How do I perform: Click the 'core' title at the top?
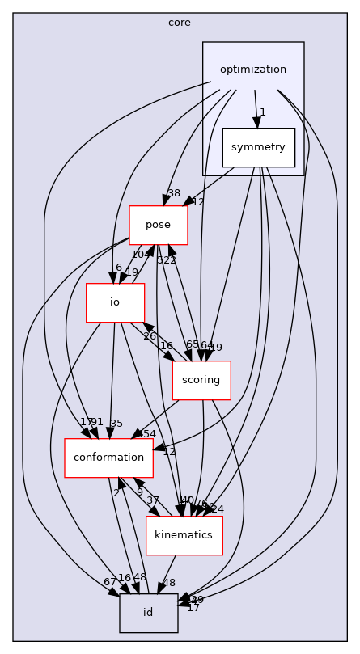pos(180,22)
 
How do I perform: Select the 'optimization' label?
pos(253,70)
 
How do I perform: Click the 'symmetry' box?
pos(259,147)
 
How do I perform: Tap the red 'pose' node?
pos(159,225)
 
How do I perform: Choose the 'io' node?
pos(115,302)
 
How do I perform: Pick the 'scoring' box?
pos(201,380)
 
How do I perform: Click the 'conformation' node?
pos(108,458)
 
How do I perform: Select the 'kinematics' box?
pos(184,535)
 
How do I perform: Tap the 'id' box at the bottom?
pos(148,613)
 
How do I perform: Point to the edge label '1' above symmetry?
pos(262,112)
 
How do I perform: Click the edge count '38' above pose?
pos(173,193)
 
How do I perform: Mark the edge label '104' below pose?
pos(142,254)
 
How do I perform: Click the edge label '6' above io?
pos(118,268)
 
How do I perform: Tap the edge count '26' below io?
pos(149,335)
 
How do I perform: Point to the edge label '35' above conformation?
pos(116,423)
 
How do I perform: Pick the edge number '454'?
pos(146,434)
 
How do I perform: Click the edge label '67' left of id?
pos(109,582)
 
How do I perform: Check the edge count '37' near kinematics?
pos(153,500)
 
